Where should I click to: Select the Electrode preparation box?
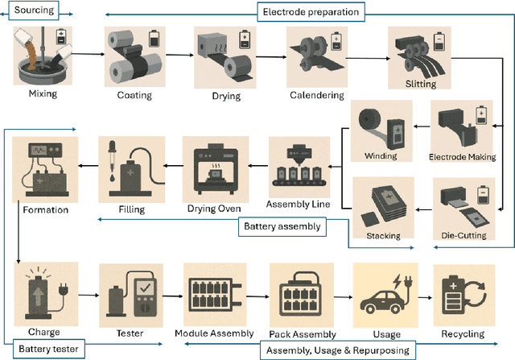point(311,11)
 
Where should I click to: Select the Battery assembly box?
point(282,226)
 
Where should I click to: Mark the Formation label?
point(40,210)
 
